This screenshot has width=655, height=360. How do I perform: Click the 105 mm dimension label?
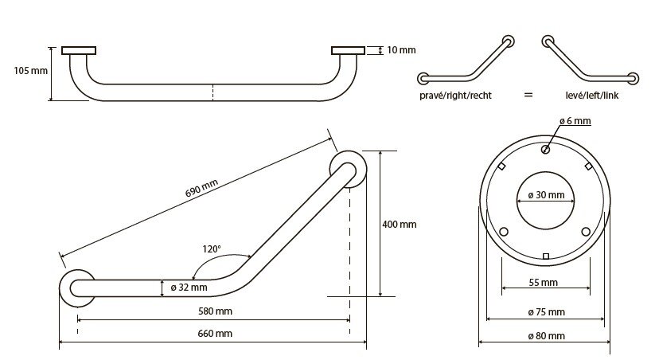[29, 71]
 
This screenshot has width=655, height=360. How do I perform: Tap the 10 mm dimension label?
[401, 50]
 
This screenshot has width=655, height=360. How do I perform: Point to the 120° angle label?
[211, 249]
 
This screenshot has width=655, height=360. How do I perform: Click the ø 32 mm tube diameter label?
[189, 288]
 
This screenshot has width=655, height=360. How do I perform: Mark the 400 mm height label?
[399, 225]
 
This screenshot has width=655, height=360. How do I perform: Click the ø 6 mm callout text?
[574, 121]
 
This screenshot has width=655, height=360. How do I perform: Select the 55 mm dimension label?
[544, 283]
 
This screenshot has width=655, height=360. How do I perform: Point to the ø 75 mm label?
[545, 311]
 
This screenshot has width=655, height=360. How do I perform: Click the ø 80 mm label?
[545, 335]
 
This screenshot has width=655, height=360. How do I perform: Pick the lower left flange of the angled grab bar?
[78, 288]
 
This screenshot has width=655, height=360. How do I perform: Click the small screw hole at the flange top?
[545, 149]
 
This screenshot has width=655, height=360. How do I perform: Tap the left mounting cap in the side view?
[78, 50]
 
